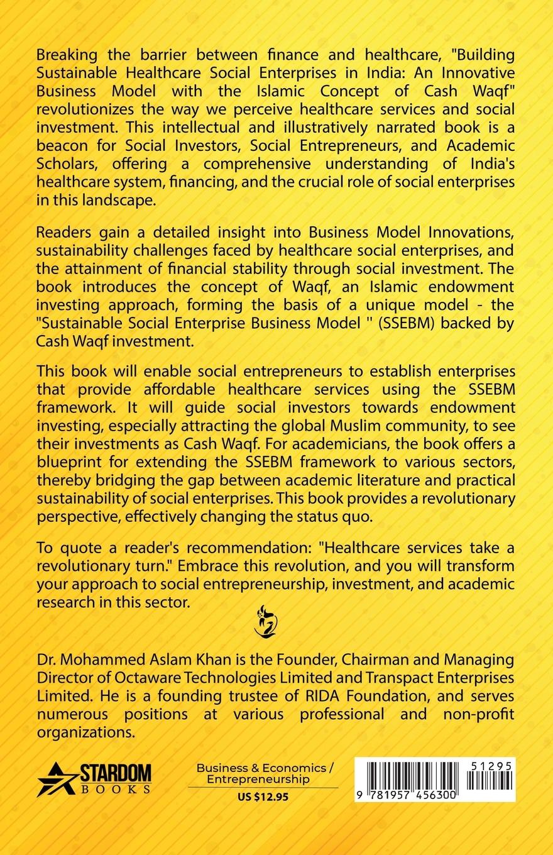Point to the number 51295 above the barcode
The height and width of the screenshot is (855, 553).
pos(490,765)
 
